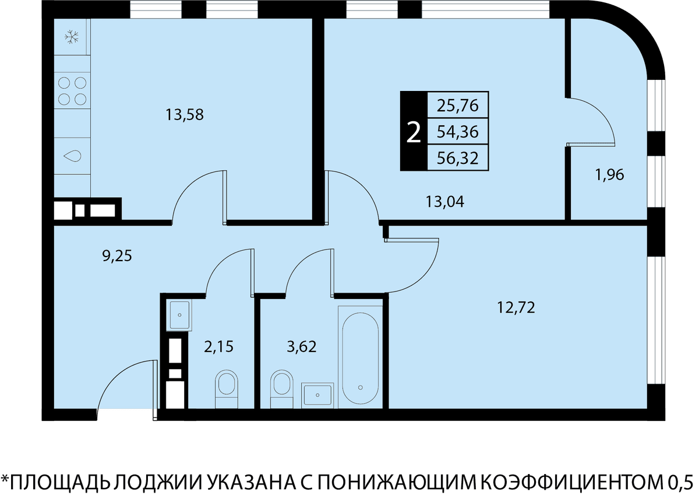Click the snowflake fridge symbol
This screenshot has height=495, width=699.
[x=72, y=37]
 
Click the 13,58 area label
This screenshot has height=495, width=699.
[x=185, y=115]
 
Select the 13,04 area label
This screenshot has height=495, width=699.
[x=445, y=202]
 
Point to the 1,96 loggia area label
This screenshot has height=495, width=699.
[x=610, y=174]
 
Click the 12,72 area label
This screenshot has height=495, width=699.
[x=516, y=308]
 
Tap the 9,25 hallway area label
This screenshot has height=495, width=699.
[x=117, y=256]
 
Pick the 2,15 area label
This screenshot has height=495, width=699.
[x=219, y=347]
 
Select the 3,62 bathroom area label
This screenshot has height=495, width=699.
[x=302, y=347]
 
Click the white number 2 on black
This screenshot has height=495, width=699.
[x=414, y=132]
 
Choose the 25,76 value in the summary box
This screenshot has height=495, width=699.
[x=458, y=106]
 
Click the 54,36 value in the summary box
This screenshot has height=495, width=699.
[x=458, y=132]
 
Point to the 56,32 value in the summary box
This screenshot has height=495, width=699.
[x=458, y=158]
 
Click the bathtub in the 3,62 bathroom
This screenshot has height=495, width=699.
[x=361, y=356]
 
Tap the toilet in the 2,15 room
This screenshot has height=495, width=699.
[x=227, y=389]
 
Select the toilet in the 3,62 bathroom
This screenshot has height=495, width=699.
[x=281, y=389]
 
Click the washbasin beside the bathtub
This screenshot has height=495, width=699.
[x=317, y=395]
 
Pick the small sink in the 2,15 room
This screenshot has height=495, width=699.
[x=179, y=314]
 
